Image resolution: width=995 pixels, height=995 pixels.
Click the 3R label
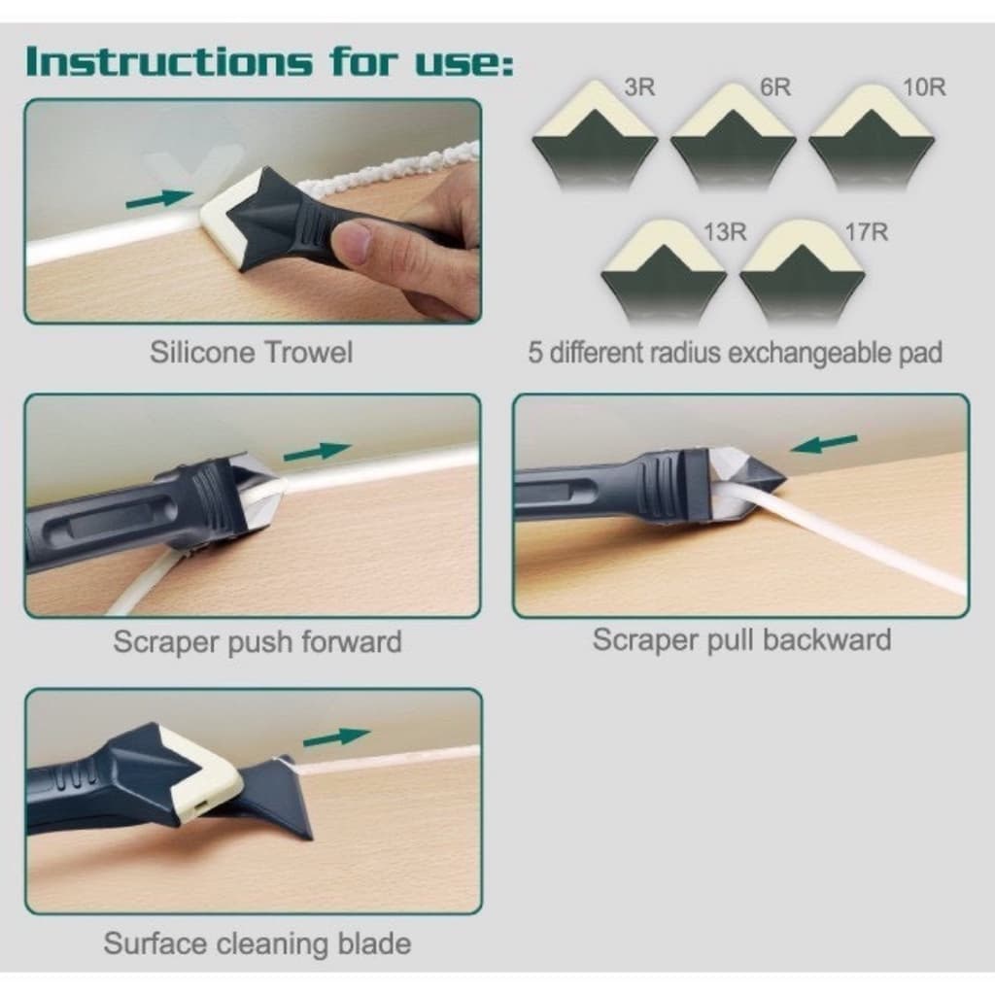[x=639, y=86]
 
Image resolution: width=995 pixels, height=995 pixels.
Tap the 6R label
[x=775, y=86]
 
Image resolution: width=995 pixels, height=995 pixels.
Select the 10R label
[x=924, y=86]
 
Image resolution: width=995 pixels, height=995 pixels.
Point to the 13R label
[x=725, y=232]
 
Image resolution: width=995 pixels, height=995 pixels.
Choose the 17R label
[x=866, y=232]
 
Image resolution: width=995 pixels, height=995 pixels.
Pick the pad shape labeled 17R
[x=802, y=272]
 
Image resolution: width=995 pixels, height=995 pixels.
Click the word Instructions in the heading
[x=169, y=61]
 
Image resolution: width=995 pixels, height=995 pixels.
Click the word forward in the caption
[x=351, y=641]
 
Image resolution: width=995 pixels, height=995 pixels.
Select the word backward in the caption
[x=827, y=639]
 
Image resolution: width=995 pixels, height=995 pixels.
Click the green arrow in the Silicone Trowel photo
[x=159, y=198]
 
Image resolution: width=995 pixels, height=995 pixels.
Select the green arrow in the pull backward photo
[x=824, y=444]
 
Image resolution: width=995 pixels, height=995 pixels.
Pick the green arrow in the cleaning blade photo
[x=337, y=738]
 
